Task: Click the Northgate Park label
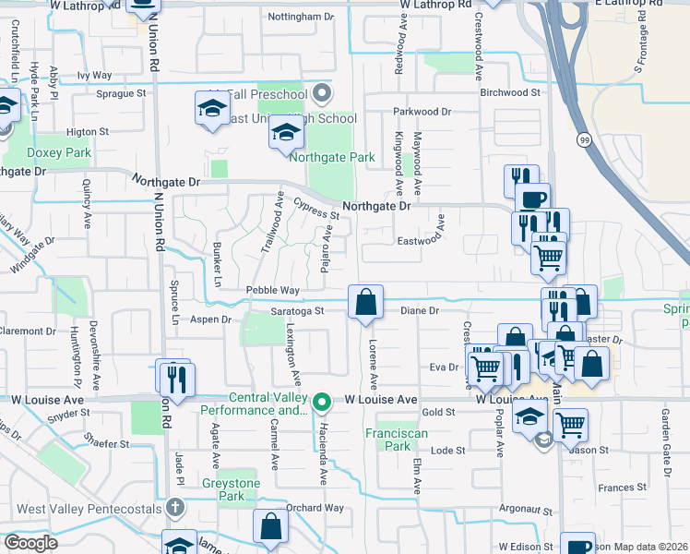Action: pos(332,157)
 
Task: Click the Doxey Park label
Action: pos(59,152)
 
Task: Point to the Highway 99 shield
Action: pos(585,138)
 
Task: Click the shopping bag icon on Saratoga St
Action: pos(365,303)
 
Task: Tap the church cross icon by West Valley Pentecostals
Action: pos(175,509)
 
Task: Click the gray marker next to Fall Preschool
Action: pos(321,93)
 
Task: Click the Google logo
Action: pos(30,542)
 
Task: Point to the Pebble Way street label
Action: pos(272,290)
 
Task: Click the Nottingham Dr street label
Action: pos(300,17)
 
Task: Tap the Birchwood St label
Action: pos(509,92)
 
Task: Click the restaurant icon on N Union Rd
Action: pos(173,378)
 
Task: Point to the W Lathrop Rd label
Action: pos(436,5)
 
